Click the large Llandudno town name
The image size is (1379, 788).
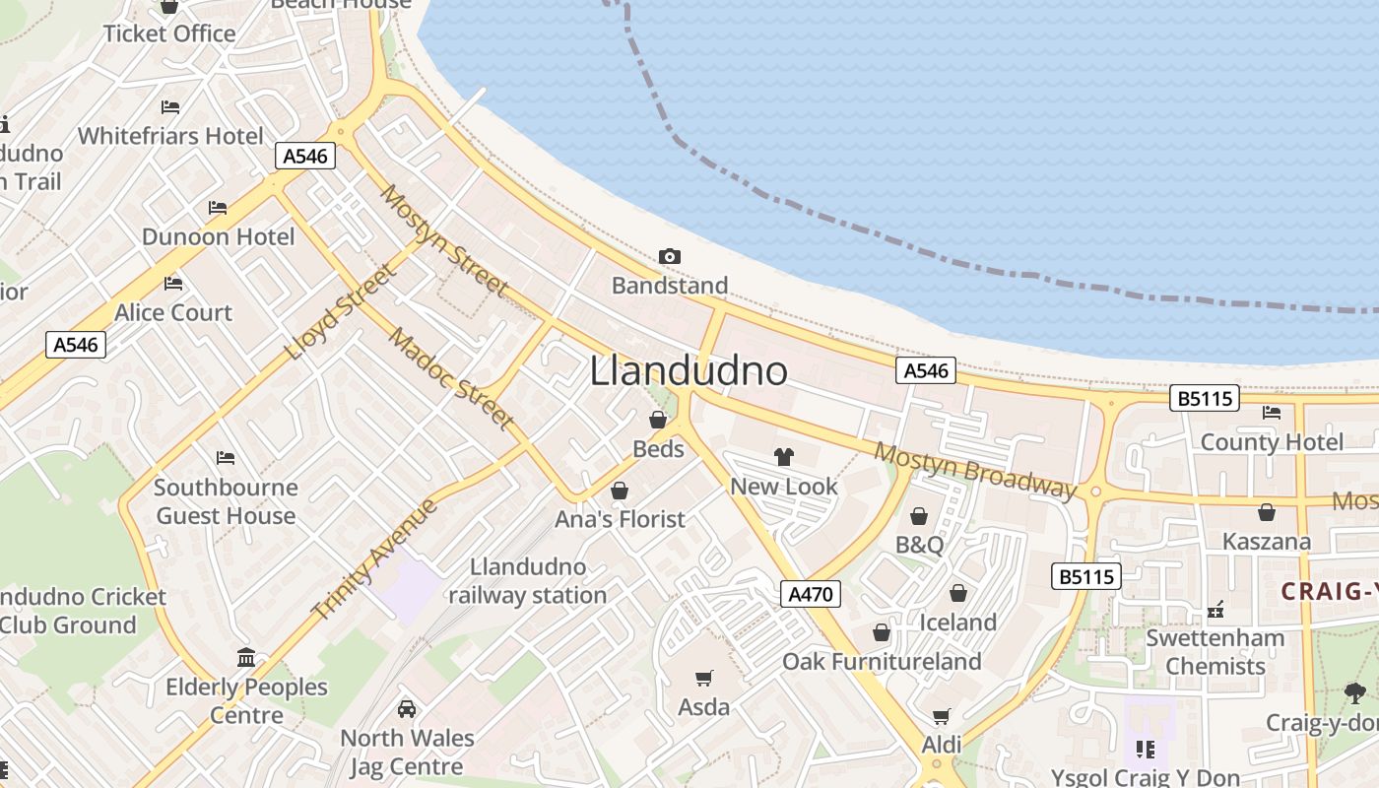click(689, 371)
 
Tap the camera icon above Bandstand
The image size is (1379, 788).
click(670, 257)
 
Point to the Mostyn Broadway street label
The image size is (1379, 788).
click(975, 471)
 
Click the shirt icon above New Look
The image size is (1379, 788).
click(784, 457)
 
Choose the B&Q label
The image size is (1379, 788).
click(919, 545)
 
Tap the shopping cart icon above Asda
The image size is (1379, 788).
click(704, 678)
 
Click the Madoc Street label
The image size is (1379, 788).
click(451, 380)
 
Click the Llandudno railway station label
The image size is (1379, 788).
click(528, 581)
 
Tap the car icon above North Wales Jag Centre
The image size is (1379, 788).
click(407, 709)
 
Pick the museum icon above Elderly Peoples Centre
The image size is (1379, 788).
click(246, 657)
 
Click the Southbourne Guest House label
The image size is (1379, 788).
click(226, 501)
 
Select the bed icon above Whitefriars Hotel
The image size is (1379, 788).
click(170, 106)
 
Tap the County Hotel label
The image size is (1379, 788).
click(1271, 442)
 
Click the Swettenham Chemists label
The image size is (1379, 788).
click(1215, 652)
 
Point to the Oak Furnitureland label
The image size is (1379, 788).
click(882, 661)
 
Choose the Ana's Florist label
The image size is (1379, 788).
click(620, 519)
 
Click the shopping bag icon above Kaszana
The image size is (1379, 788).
click(1267, 513)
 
